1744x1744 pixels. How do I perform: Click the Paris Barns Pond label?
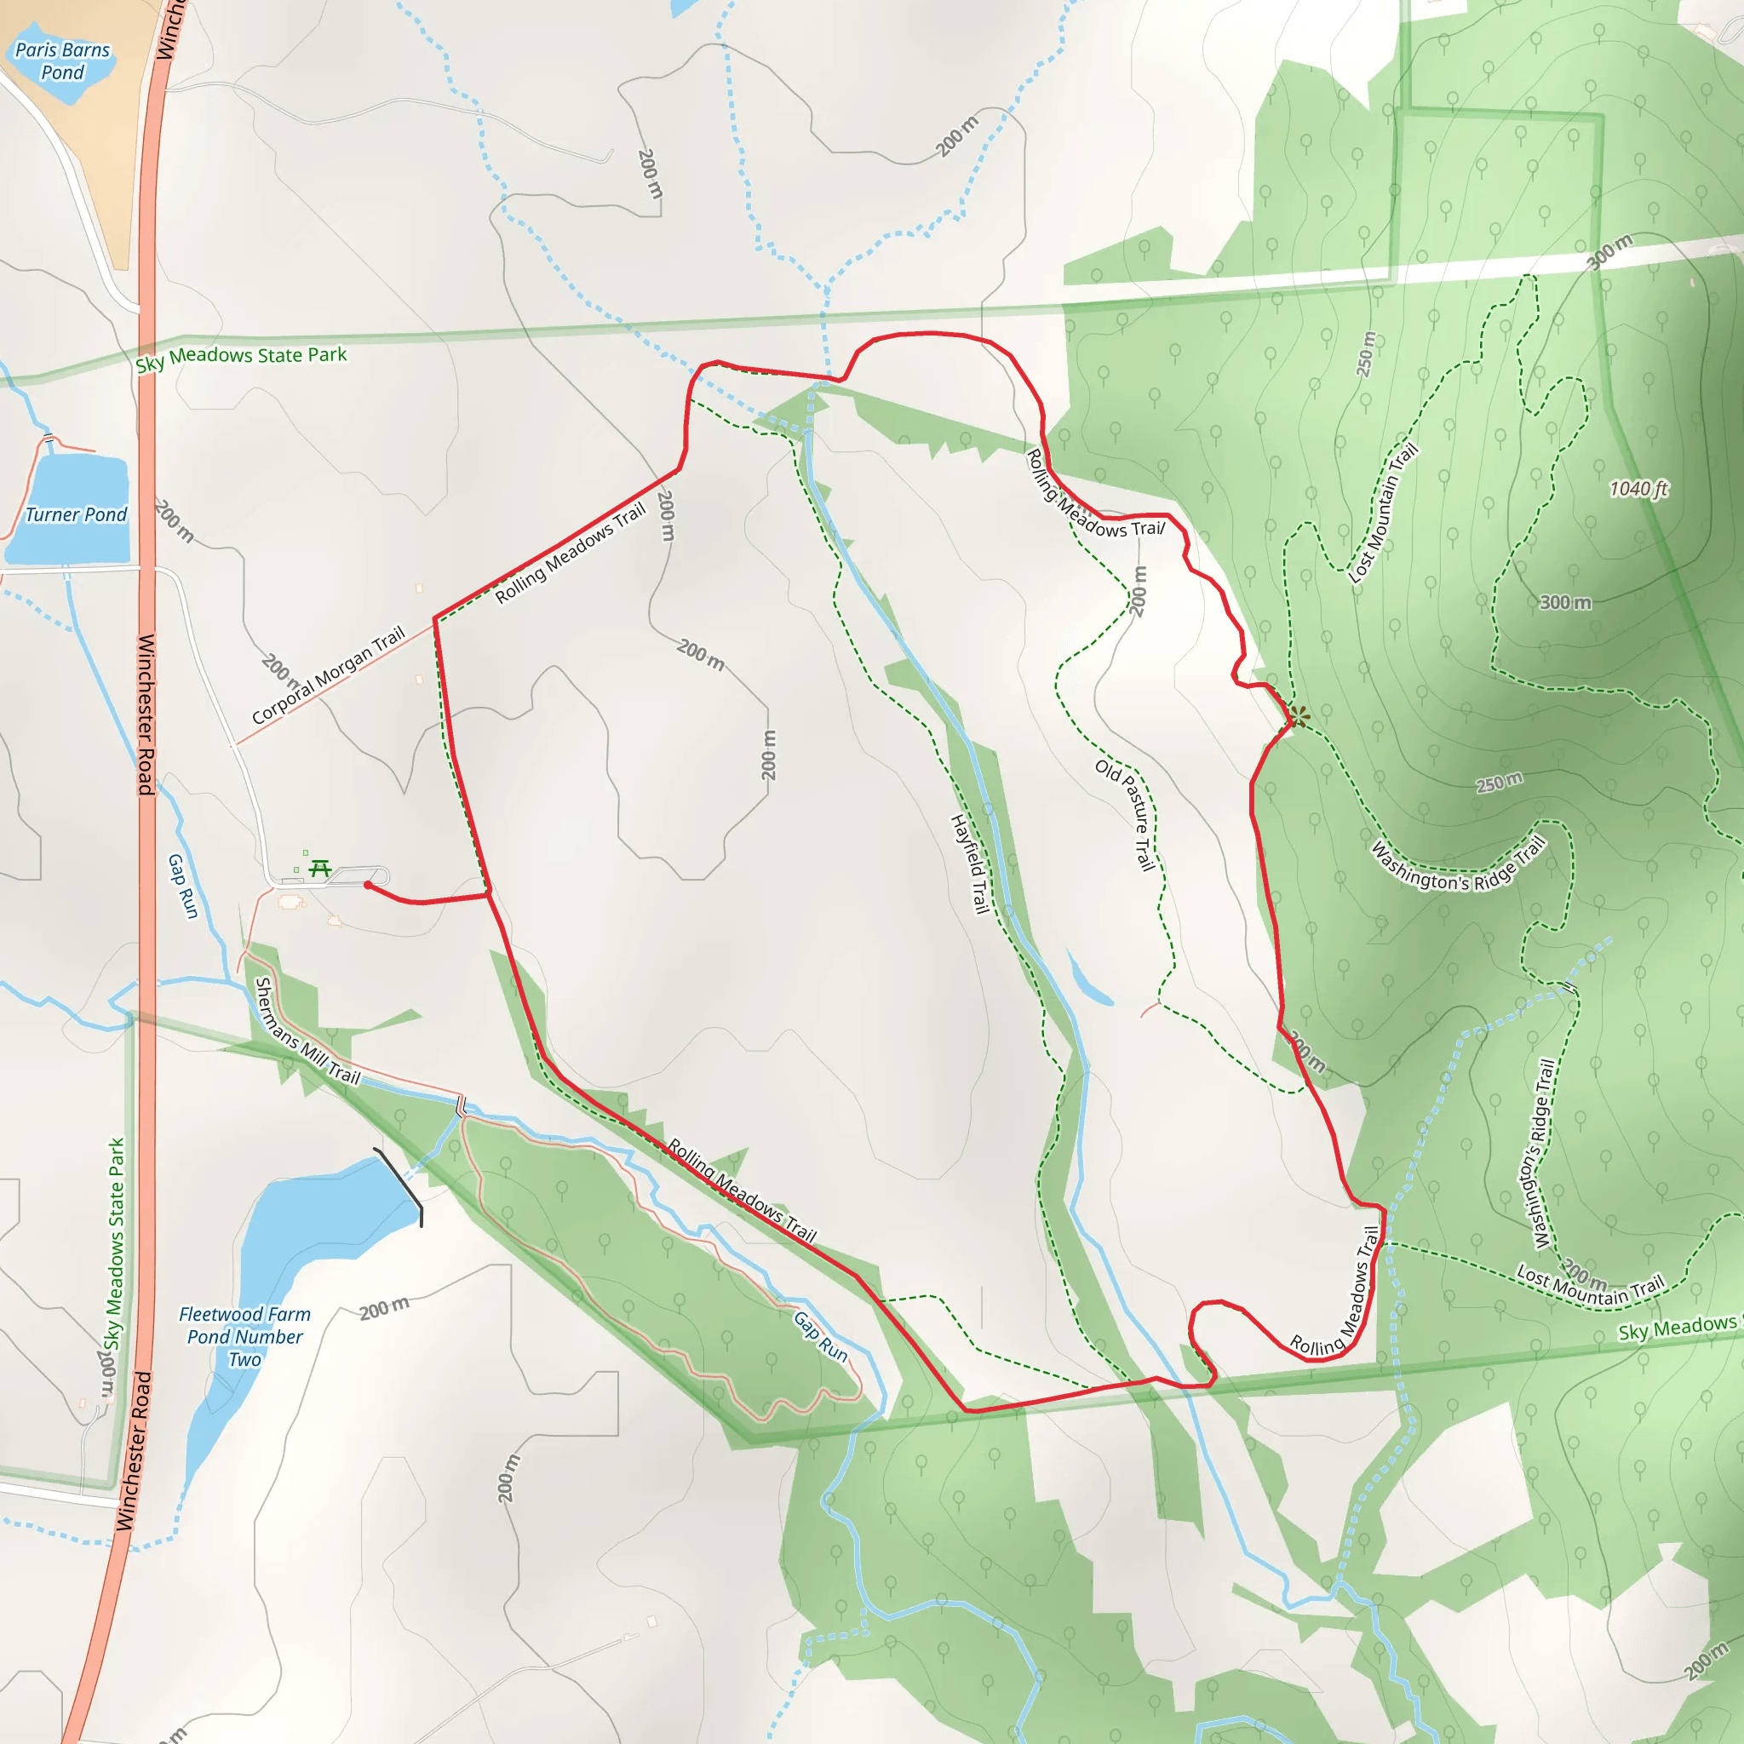click(x=62, y=61)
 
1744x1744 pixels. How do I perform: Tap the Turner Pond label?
click(x=76, y=514)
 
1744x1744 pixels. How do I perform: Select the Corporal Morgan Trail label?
click(x=328, y=675)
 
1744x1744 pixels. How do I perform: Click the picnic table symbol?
click(x=319, y=869)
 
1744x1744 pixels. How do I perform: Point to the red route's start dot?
click(x=367, y=886)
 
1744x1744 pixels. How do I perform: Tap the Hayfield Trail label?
click(x=968, y=863)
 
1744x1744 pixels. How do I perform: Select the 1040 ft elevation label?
click(x=1638, y=488)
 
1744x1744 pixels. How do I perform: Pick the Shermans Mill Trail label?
click(x=307, y=1031)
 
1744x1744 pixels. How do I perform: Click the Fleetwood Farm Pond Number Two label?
click(x=244, y=1337)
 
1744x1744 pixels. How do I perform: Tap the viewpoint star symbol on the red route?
click(x=1298, y=718)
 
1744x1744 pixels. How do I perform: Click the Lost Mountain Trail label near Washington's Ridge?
click(x=1590, y=1285)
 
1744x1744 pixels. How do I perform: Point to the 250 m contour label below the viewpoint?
click(x=1500, y=782)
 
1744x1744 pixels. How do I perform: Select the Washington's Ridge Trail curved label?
click(x=1459, y=867)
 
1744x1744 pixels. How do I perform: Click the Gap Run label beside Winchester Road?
click(x=182, y=886)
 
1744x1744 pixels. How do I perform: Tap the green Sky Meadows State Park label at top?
click(x=241, y=358)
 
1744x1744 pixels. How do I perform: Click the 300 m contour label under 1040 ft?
click(x=1564, y=602)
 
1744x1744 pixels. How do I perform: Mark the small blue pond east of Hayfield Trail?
click(x=1089, y=979)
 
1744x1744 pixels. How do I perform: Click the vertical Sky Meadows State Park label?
click(x=115, y=1245)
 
